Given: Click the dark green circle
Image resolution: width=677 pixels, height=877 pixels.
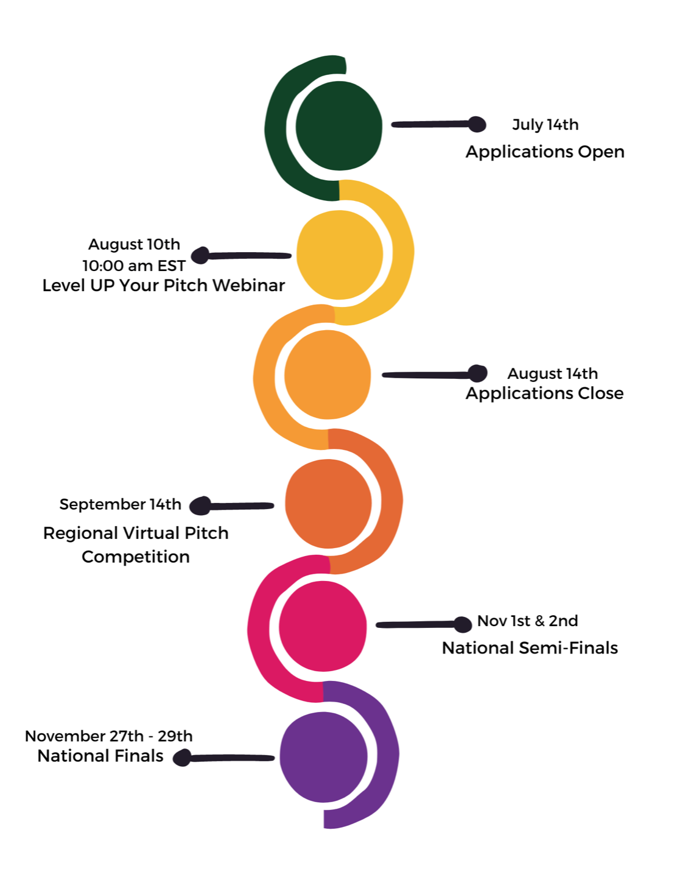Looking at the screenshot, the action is coord(338,126).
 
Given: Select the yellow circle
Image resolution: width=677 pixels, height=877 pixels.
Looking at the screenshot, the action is coord(340,255).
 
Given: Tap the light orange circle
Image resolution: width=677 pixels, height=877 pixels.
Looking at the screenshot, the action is coord(328,375).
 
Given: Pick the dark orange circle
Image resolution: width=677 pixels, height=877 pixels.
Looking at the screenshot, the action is coord(328,504).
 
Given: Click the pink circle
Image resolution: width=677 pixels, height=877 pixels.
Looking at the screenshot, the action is coord(323,626).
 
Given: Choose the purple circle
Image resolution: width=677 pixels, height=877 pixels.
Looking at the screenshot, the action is coord(323,757).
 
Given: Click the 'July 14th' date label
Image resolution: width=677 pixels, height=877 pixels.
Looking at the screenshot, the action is coord(545,125).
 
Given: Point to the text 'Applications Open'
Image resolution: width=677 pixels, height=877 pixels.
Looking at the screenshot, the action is coord(545,152).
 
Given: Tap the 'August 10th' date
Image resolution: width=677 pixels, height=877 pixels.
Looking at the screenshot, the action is coord(134,244).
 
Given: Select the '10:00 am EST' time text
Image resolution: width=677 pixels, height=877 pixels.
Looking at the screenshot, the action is coord(134,266).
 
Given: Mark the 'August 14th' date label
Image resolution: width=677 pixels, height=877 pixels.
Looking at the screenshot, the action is coord(552,373).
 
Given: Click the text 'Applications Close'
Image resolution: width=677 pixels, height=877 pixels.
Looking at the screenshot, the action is coord(544,393).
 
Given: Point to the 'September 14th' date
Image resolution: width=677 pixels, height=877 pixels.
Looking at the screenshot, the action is coord(120,504).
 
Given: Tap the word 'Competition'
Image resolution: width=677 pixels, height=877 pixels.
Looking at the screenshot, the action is coord(136,557).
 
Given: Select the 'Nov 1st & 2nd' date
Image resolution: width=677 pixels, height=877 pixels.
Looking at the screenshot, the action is coord(527,621).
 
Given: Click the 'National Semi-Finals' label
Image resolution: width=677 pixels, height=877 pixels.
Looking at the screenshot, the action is coord(530,648).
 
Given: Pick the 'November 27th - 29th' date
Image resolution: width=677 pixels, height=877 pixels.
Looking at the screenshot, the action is coord(108,736).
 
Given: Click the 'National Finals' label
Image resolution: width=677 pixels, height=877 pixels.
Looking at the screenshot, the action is coord(100,756).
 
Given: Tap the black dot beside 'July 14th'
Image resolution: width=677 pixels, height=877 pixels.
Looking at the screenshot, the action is coord(477,124).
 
